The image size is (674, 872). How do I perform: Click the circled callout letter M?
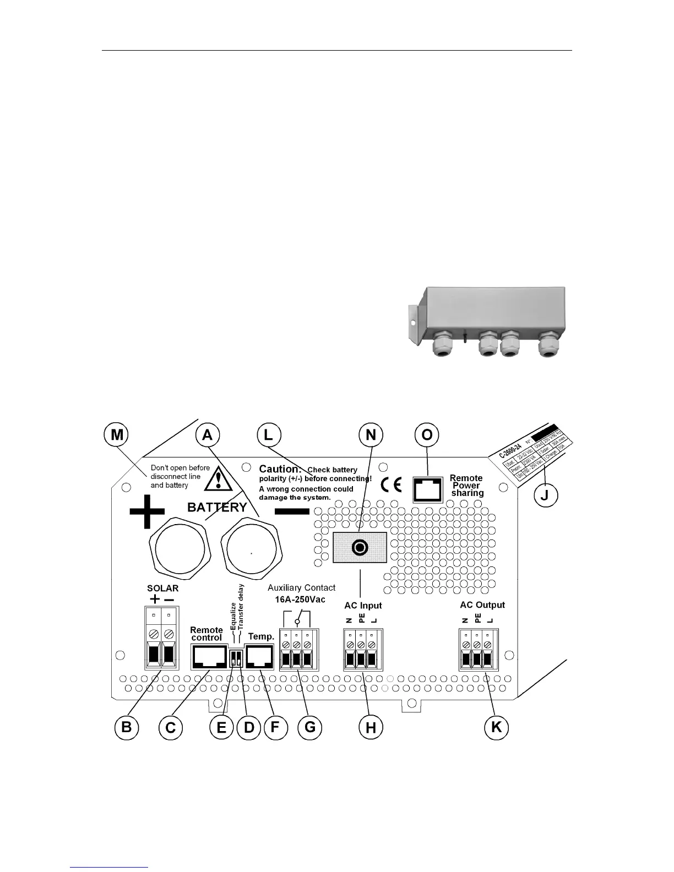[116, 435]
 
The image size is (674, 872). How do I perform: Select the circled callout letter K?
[496, 727]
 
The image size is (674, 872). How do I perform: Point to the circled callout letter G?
[310, 727]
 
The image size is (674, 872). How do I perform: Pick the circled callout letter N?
[371, 435]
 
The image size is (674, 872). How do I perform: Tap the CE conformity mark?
[392, 484]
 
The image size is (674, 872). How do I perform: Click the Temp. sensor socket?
[260, 656]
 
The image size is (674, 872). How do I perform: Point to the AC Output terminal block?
[477, 650]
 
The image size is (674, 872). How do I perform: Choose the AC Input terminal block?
[361, 650]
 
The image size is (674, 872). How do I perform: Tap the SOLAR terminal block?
[162, 638]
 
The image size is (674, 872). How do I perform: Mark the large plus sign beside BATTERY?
[146, 511]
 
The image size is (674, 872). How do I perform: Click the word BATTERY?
[217, 507]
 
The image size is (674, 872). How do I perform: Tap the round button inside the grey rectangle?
[360, 548]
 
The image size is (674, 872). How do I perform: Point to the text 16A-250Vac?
[301, 599]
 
